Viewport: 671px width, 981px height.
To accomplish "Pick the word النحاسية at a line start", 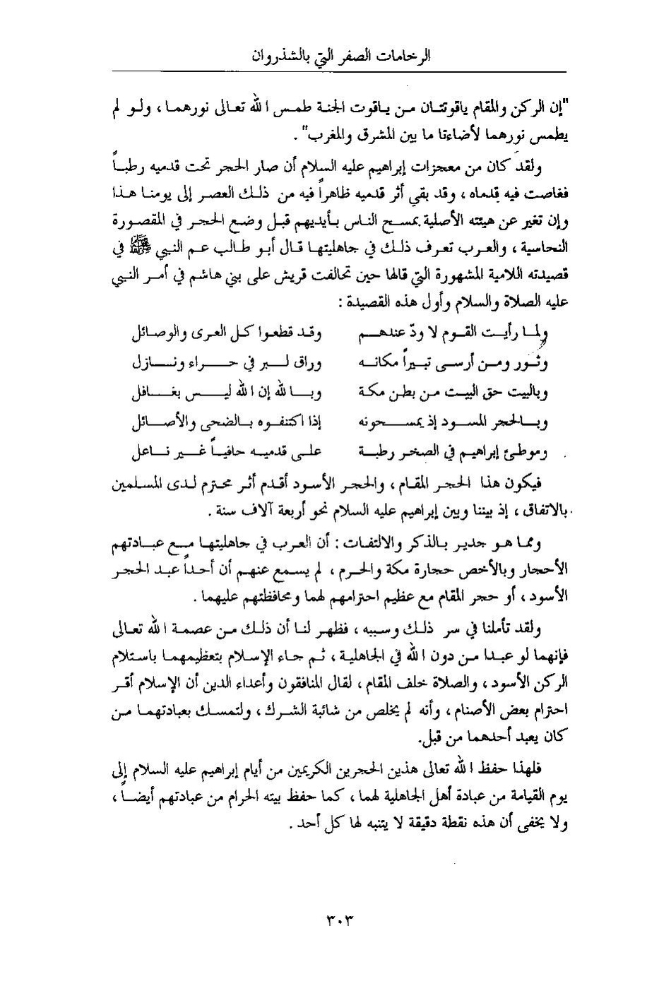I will (546, 246).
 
